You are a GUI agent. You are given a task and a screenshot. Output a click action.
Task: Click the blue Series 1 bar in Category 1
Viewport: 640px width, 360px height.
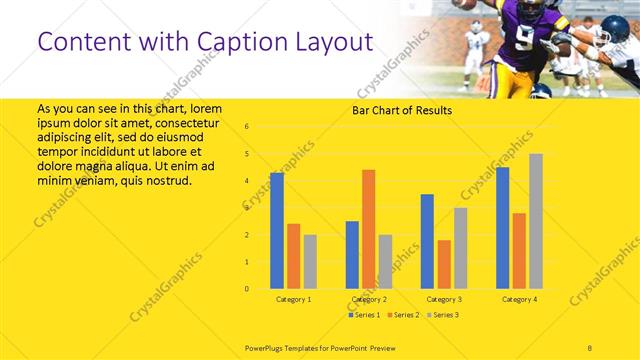point(277,231)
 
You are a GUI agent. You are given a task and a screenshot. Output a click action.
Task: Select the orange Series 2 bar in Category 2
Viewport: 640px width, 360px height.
point(368,229)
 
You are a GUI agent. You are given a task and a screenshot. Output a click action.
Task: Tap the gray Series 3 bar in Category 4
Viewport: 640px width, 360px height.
point(536,221)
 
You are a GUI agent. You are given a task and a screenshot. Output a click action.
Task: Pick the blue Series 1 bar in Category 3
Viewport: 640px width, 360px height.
point(427,241)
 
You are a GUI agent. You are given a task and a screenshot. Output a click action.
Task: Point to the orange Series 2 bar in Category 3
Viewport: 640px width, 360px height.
point(443,264)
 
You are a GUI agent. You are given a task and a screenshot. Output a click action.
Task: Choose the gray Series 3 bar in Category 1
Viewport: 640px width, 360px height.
point(310,262)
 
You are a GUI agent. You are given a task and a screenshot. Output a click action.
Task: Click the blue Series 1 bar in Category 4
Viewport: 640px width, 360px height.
point(502,228)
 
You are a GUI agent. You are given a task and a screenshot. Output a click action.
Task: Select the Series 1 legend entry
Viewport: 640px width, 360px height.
point(364,315)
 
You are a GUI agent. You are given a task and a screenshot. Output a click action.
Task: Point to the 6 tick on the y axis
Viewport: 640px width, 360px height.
point(247,127)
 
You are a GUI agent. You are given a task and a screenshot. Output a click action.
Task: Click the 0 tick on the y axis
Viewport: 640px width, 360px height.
point(247,289)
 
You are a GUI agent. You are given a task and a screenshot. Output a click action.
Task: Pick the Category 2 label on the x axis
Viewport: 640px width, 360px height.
point(368,299)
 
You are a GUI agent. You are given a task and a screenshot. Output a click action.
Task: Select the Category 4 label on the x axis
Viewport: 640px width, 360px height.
point(518,299)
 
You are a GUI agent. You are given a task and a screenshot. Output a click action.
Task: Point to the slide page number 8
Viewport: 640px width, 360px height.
point(590,345)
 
